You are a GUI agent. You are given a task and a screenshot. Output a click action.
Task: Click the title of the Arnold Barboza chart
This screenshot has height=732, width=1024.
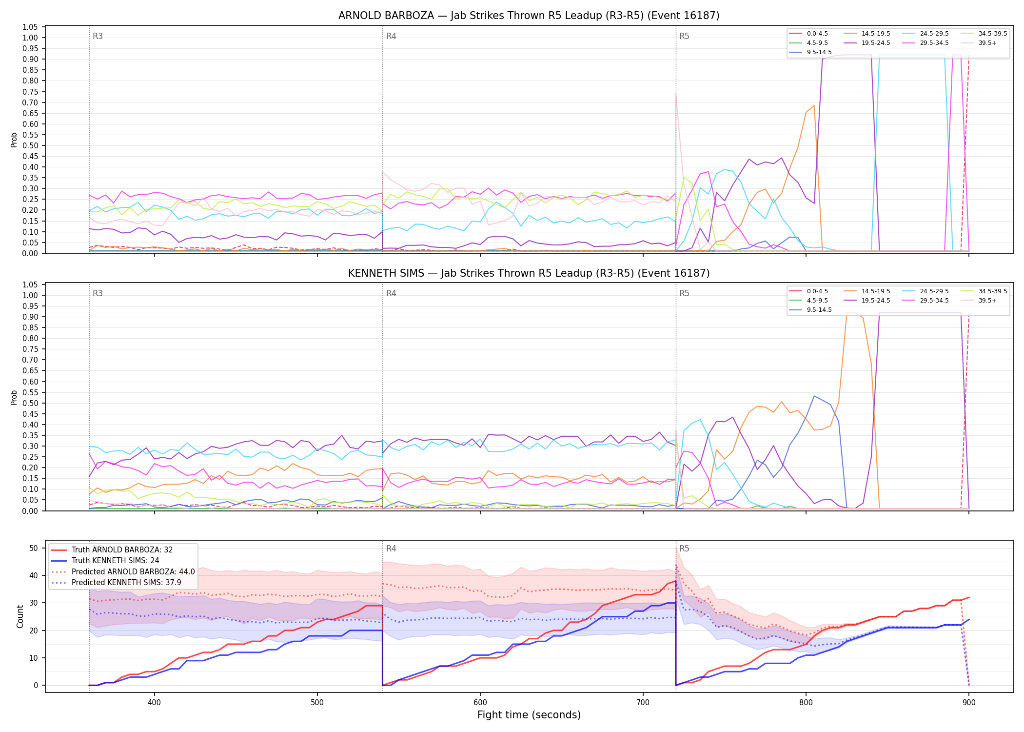529,16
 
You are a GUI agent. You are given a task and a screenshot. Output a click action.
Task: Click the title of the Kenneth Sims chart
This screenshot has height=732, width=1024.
529,273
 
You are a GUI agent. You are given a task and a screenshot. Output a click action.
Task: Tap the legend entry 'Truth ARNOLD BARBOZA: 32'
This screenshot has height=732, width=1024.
122,550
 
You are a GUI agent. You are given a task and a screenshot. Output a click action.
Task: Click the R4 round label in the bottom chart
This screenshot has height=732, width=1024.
391,549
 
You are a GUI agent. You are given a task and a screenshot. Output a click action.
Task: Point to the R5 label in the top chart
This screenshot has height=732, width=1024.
684,36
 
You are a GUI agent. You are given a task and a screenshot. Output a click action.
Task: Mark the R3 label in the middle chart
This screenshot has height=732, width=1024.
98,293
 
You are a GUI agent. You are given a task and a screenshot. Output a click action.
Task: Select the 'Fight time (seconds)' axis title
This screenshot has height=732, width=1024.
529,715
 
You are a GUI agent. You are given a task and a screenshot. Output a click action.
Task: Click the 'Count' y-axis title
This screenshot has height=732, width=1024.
20,616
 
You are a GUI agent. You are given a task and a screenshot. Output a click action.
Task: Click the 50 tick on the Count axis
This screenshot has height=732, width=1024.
34,548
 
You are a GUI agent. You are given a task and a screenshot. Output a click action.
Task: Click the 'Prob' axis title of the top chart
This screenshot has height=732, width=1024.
14,140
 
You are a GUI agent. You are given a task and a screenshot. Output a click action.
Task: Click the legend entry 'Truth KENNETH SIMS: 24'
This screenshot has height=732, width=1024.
115,561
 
